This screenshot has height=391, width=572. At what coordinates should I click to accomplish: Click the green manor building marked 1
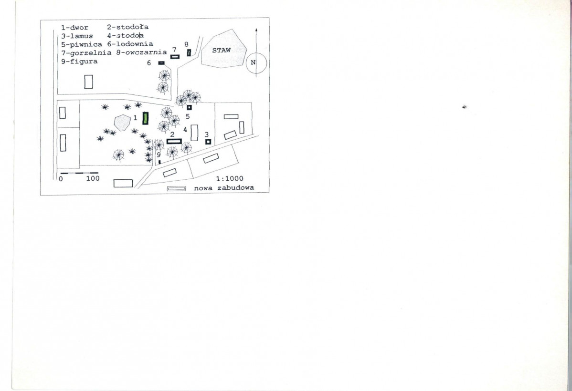pyautogui.click(x=146, y=118)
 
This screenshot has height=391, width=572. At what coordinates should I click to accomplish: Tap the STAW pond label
pyautogui.click(x=222, y=50)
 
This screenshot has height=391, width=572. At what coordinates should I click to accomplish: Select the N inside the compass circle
pyautogui.click(x=253, y=62)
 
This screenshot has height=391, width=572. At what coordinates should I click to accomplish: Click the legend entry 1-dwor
pyautogui.click(x=75, y=27)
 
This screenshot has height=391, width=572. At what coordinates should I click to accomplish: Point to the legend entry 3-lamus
pyautogui.click(x=77, y=36)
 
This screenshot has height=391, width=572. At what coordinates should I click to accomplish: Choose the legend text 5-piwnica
pyautogui.click(x=82, y=44)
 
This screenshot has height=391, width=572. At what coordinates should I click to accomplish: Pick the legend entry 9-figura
pyautogui.click(x=80, y=61)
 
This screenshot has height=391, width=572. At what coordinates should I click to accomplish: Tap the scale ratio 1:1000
pyautogui.click(x=230, y=178)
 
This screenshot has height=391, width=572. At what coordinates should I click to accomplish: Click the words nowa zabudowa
pyautogui.click(x=224, y=188)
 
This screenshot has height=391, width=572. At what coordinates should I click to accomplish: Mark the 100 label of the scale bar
pyautogui.click(x=93, y=178)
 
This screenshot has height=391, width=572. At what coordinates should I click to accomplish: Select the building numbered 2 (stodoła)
pyautogui.click(x=174, y=141)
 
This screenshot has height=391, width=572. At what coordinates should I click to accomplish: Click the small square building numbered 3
pyautogui.click(x=208, y=142)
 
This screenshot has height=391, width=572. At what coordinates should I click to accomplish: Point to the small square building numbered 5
pyautogui.click(x=190, y=107)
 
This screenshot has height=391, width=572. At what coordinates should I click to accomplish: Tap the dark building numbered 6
pyautogui.click(x=161, y=63)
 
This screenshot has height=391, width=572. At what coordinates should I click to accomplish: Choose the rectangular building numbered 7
pyautogui.click(x=175, y=56)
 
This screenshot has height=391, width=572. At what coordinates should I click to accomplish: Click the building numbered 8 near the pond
pyautogui.click(x=189, y=53)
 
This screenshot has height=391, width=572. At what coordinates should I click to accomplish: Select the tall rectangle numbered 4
pyautogui.click(x=194, y=133)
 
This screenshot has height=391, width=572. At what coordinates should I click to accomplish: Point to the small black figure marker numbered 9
pyautogui.click(x=160, y=162)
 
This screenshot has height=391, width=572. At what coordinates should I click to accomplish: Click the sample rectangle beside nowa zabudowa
pyautogui.click(x=177, y=188)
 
